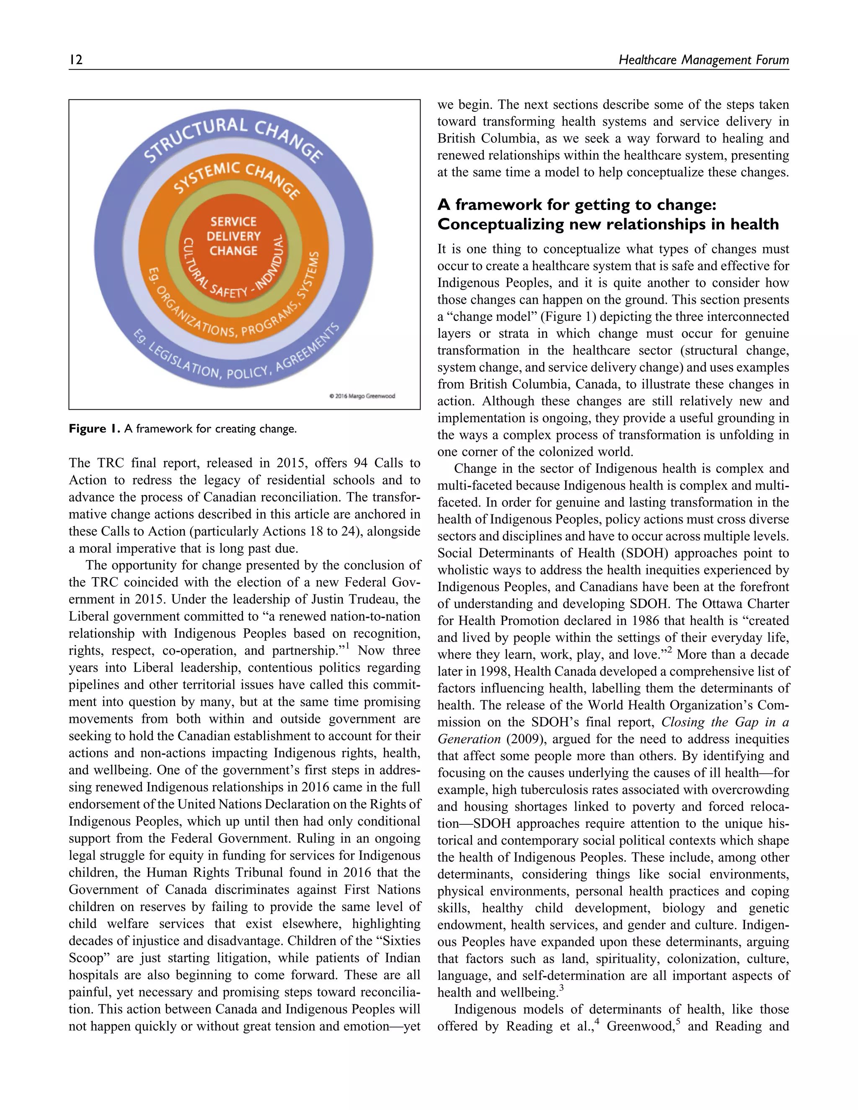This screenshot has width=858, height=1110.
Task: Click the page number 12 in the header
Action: pyautogui.click(x=76, y=60)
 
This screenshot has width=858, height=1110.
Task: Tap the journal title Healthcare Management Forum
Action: pyautogui.click(x=703, y=60)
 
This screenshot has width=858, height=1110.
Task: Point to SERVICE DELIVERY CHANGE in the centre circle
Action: pyautogui.click(x=233, y=236)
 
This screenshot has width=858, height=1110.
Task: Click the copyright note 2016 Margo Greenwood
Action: pyautogui.click(x=362, y=396)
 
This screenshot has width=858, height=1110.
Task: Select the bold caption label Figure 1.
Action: pyautogui.click(x=94, y=429)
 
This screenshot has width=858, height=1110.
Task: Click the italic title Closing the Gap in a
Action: pyautogui.click(x=725, y=722)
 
